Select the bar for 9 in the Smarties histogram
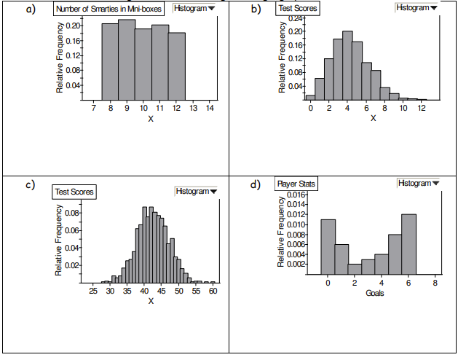pos(127,60)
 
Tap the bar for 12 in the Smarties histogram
pos(177,66)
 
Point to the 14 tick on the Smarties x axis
pos(210,108)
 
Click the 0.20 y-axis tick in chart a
pos(73,26)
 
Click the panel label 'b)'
pos(256,9)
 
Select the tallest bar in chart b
pos(347,66)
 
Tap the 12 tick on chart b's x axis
pos(422,108)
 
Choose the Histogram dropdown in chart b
pos(418,7)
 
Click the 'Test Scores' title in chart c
pos(74,192)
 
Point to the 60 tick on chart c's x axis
pos(213,291)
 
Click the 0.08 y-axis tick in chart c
pos(73,214)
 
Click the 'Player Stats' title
pos(296,184)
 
